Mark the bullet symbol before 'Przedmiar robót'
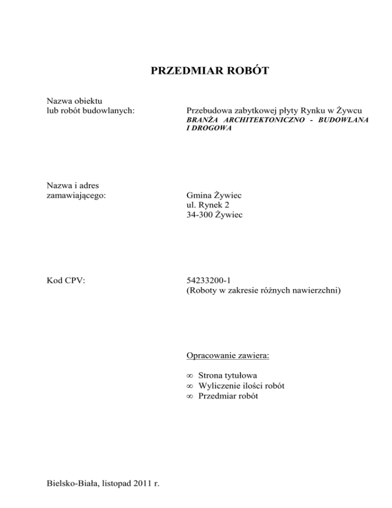coord(190,396)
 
